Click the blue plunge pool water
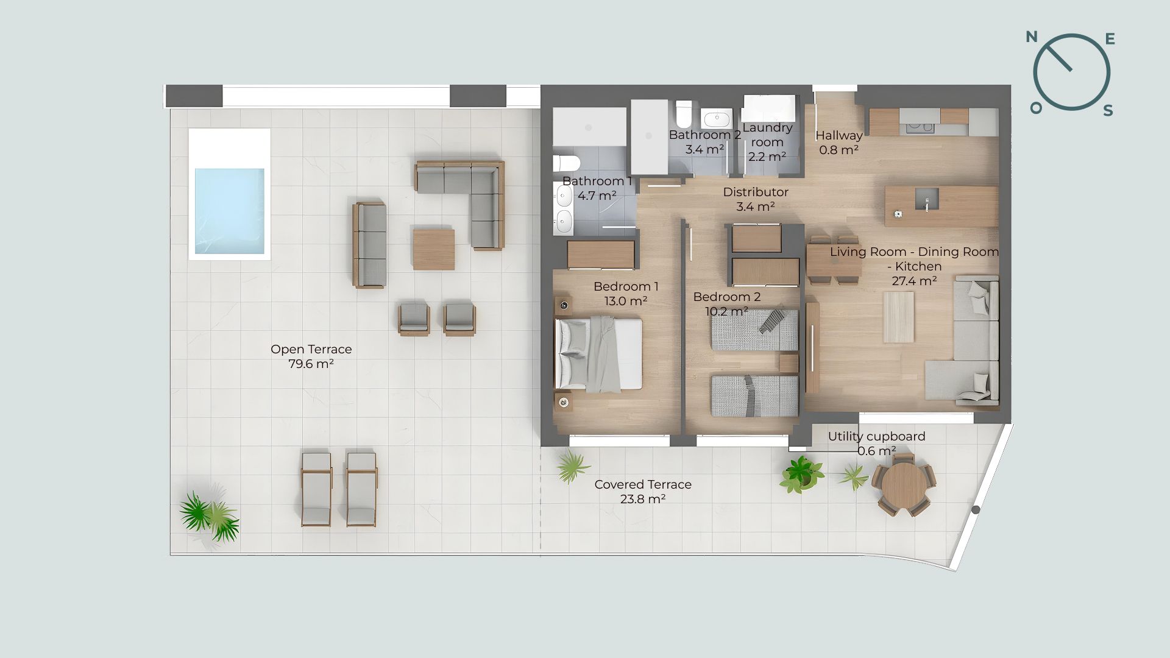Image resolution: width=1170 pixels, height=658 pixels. click(x=230, y=211)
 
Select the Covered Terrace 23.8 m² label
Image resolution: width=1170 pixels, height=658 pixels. click(x=643, y=492)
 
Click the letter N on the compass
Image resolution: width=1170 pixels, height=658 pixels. click(x=1032, y=37)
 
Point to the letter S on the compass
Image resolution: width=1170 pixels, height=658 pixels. click(x=1108, y=110)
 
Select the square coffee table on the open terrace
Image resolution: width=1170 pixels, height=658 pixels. click(x=433, y=249)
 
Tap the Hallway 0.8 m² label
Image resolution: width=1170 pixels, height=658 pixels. click(x=839, y=143)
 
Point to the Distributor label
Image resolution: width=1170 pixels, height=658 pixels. click(x=756, y=192)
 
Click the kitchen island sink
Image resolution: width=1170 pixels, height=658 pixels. click(x=927, y=199)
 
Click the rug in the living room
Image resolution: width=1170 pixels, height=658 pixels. click(x=899, y=317)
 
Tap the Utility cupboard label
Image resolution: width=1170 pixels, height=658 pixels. click(x=876, y=436)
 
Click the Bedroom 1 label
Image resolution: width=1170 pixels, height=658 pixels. click(x=626, y=286)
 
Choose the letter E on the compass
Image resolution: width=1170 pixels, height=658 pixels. click(x=1110, y=40)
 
